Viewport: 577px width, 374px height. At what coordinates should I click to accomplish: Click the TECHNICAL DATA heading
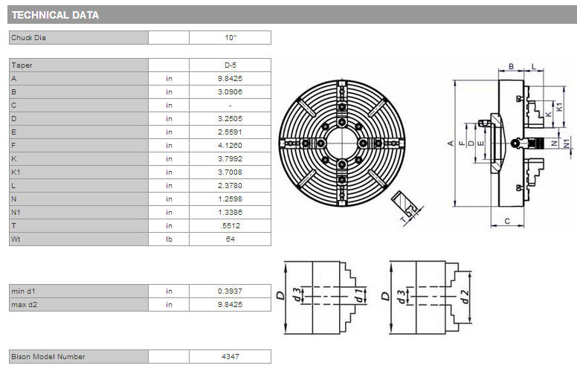click(55, 15)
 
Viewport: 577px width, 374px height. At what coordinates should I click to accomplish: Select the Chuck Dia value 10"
click(231, 37)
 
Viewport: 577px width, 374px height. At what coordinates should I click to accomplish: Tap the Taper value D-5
click(231, 65)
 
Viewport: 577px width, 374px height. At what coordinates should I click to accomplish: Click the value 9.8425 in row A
click(230, 78)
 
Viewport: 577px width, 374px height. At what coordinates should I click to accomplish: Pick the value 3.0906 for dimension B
click(230, 92)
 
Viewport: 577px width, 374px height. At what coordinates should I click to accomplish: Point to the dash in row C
click(230, 106)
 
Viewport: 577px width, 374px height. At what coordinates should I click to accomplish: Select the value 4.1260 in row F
click(230, 146)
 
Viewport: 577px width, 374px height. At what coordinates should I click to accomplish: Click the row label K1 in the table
click(16, 173)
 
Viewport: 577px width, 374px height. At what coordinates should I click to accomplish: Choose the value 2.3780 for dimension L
click(230, 186)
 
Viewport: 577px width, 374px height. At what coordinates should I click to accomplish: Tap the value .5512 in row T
click(230, 225)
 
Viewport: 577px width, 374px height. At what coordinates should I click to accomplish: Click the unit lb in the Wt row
click(169, 239)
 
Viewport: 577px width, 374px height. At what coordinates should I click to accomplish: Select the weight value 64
click(231, 239)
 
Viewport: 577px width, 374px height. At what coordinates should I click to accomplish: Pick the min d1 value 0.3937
click(230, 291)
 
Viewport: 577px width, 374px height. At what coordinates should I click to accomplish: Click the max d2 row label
click(25, 305)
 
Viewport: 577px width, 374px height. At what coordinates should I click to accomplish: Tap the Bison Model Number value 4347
click(231, 357)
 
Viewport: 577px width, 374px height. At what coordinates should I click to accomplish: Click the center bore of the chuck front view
click(342, 144)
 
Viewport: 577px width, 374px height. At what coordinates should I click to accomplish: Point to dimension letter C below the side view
click(507, 222)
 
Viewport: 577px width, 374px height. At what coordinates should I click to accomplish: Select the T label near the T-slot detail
click(403, 220)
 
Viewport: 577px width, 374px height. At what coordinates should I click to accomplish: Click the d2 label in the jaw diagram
click(465, 297)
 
